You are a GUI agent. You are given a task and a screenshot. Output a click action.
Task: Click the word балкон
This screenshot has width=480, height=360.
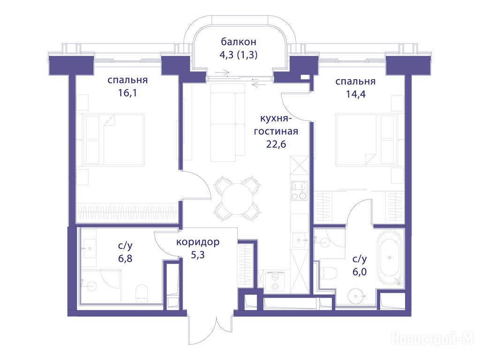(x=238, y=42)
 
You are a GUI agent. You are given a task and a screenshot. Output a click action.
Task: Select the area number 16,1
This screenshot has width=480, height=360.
(x=127, y=93)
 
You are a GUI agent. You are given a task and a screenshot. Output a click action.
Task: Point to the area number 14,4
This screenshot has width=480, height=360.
(x=355, y=94)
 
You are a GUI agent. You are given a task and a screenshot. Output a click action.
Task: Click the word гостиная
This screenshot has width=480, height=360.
(x=276, y=131)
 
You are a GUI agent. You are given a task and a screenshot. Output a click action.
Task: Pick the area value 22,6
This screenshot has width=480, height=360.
(x=276, y=144)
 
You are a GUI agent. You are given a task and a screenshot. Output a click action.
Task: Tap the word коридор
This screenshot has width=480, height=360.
(x=198, y=242)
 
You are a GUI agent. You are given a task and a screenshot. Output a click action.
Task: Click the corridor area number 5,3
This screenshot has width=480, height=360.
(x=197, y=255)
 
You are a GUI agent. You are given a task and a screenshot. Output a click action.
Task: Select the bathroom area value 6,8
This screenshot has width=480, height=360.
(x=125, y=258)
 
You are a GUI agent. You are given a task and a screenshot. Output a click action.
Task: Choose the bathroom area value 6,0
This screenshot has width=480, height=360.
(x=360, y=272)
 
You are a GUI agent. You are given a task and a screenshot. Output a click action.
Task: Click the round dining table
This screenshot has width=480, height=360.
(x=237, y=199)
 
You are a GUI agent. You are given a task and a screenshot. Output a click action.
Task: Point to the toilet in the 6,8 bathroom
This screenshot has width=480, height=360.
(x=141, y=292)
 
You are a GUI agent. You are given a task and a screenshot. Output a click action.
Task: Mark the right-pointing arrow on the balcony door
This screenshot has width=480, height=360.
(x=222, y=73)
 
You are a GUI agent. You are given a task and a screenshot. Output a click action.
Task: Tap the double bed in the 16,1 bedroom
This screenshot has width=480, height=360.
(x=113, y=140)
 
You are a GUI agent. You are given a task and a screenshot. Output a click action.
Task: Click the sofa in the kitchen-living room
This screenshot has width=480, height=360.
(x=227, y=122)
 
